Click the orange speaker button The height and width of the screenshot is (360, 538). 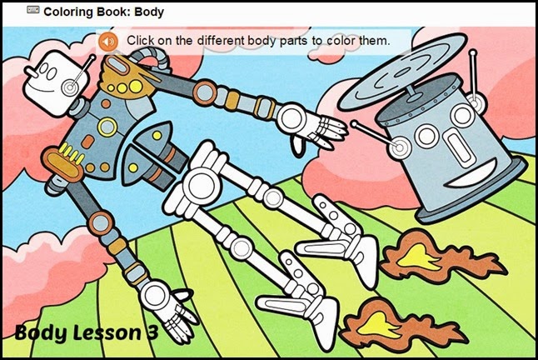[x=108, y=42]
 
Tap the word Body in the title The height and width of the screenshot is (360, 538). [x=149, y=12]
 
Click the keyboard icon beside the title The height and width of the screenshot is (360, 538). [x=33, y=10]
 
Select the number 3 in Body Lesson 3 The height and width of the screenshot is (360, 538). [x=152, y=332]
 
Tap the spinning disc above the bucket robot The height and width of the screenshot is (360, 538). [x=402, y=72]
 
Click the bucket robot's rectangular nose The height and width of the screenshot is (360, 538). [x=458, y=146]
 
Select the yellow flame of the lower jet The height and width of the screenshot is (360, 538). [x=378, y=324]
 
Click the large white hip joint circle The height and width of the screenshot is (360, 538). [x=202, y=186]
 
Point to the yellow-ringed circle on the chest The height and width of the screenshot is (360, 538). [x=107, y=127]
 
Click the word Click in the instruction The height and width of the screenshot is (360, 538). [x=141, y=41]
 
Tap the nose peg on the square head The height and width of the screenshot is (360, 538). [x=31, y=72]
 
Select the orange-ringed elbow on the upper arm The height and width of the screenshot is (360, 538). [x=205, y=92]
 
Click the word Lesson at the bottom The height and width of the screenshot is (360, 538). [x=107, y=332]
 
